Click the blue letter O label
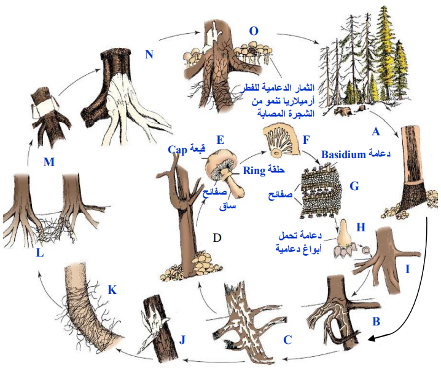254,31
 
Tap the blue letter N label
149,54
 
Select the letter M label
49,162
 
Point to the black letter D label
217,237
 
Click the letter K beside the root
112,290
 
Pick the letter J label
182,340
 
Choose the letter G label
354,186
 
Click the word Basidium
343,154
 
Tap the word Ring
254,170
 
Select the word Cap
178,150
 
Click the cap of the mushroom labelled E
219,161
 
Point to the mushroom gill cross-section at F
281,142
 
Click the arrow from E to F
252,156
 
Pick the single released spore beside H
366,250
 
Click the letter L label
40,252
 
